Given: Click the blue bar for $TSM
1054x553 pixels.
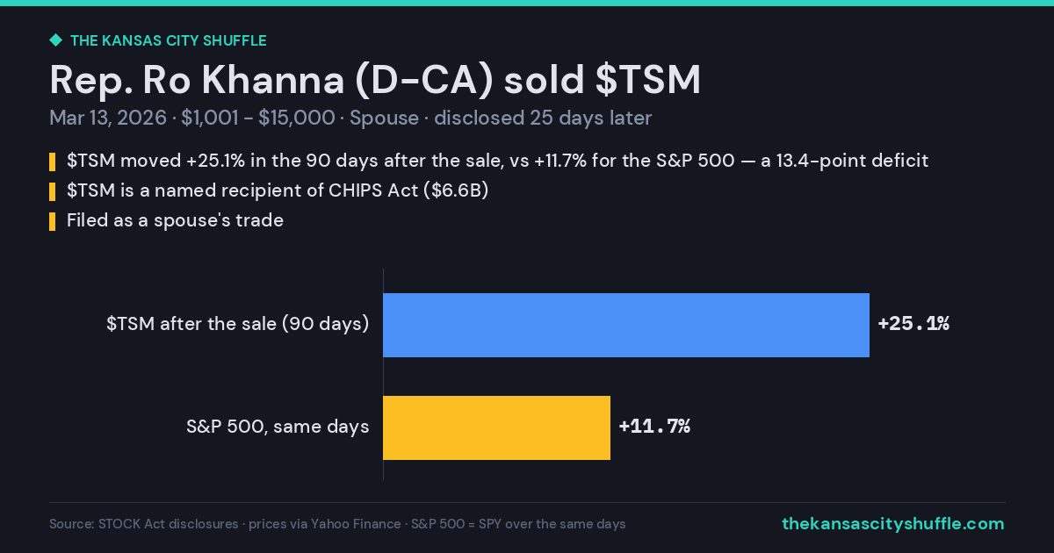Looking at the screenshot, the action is [626, 325].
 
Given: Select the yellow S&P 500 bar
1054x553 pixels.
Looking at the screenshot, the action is [496, 428].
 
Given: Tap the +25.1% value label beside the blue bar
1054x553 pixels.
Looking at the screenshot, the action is [913, 324].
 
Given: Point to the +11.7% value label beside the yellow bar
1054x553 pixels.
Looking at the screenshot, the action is [654, 427].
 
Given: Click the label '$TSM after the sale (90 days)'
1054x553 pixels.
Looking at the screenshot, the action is [238, 324].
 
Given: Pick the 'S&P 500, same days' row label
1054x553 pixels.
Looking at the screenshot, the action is [278, 427].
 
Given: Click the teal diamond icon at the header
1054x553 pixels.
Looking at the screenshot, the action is [56, 40].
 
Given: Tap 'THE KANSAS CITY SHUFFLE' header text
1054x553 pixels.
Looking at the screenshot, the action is [169, 40].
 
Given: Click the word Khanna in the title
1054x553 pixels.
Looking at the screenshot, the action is [273, 80].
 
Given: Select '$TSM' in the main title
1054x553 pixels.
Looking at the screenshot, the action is [648, 80].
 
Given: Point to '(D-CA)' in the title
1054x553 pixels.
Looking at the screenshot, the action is [424, 81].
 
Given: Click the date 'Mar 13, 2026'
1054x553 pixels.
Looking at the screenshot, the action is [108, 118].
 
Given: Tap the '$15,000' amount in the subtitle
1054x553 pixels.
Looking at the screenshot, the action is [297, 118].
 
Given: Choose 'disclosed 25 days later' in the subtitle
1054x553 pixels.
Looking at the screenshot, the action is [543, 118].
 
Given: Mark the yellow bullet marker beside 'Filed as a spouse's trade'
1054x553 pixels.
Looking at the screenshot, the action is [52, 221].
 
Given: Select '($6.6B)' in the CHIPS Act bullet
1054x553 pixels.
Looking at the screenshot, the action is [456, 190].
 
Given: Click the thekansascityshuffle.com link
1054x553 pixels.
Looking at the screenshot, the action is [893, 523].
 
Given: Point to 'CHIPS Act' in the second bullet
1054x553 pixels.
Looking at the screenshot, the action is [373, 190].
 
